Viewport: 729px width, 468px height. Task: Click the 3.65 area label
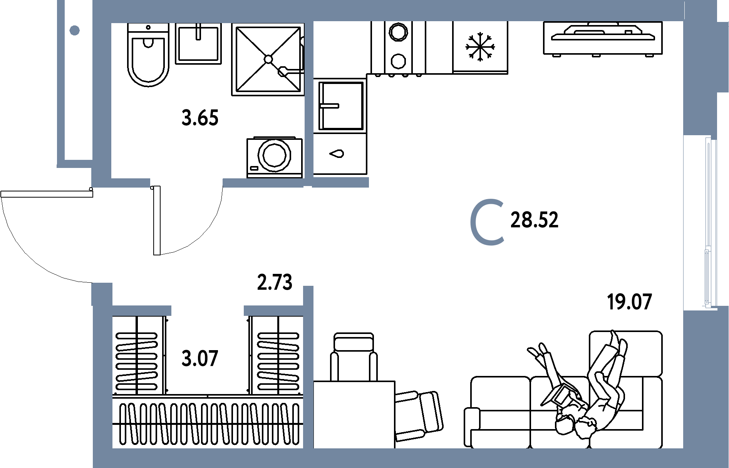[x=200, y=118]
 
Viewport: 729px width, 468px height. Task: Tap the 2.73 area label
[x=275, y=282]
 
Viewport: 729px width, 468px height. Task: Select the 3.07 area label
[x=200, y=359]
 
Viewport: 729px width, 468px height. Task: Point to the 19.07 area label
[x=629, y=302]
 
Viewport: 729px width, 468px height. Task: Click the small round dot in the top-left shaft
[x=75, y=30]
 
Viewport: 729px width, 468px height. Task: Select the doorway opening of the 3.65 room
[x=186, y=183]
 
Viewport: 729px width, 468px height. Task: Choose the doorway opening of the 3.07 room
[x=207, y=310]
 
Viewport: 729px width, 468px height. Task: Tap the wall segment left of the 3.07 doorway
[x=141, y=310]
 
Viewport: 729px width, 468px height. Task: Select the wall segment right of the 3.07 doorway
[x=273, y=310]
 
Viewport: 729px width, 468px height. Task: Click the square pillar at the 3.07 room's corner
[x=102, y=294]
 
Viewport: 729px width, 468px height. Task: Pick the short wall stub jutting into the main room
[x=340, y=182]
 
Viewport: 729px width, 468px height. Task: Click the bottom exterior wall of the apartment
[x=385, y=458]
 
